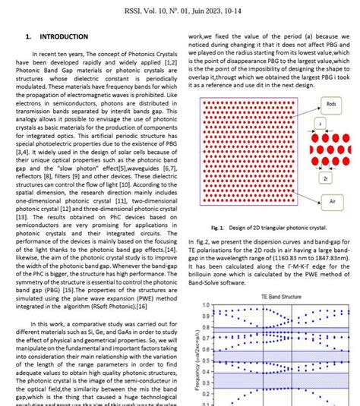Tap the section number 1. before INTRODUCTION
28,36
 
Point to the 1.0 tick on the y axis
204,306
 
